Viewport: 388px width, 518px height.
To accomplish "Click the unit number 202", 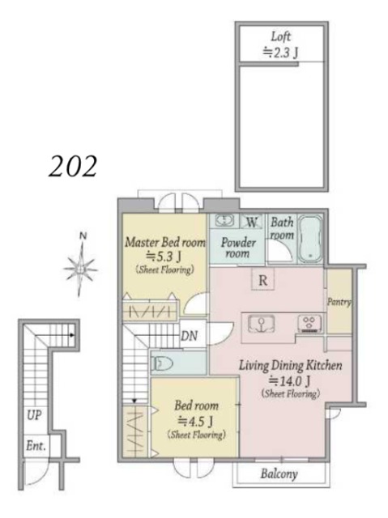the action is pos(73,167).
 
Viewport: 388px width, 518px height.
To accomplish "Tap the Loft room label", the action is pos(280,36).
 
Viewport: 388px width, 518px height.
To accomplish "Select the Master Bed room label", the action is pos(165,242).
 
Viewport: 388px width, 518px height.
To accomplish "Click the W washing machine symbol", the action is pos(252,222).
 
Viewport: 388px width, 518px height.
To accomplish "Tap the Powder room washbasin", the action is pos(224,220).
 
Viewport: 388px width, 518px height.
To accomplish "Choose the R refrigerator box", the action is pos(262,280).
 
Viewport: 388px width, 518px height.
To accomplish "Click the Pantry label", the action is pos(339,302).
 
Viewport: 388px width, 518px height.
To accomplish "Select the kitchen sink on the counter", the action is pos(261,323).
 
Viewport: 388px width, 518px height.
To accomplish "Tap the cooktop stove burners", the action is pos(309,323).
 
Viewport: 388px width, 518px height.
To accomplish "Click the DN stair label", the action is pos(189,337).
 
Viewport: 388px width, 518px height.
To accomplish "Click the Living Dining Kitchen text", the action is pos(291,366).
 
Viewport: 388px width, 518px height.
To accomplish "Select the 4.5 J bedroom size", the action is pos(195,421).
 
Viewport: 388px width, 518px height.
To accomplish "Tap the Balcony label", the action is pos(279,473).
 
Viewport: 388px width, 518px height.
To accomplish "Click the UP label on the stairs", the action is pos(34,415).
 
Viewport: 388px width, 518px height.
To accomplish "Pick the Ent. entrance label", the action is pos(36,446).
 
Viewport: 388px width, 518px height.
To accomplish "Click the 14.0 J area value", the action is pos(289,381).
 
